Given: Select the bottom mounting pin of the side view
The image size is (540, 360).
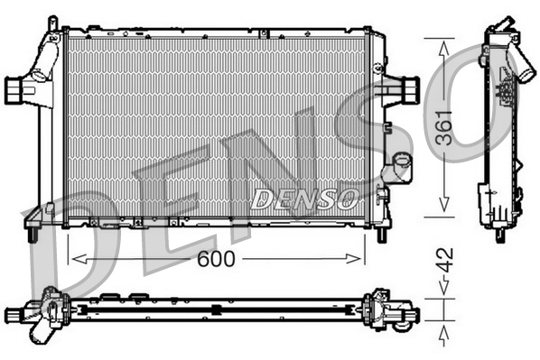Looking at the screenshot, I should [x=500, y=235].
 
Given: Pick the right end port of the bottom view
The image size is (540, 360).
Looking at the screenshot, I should [x=411, y=315].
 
